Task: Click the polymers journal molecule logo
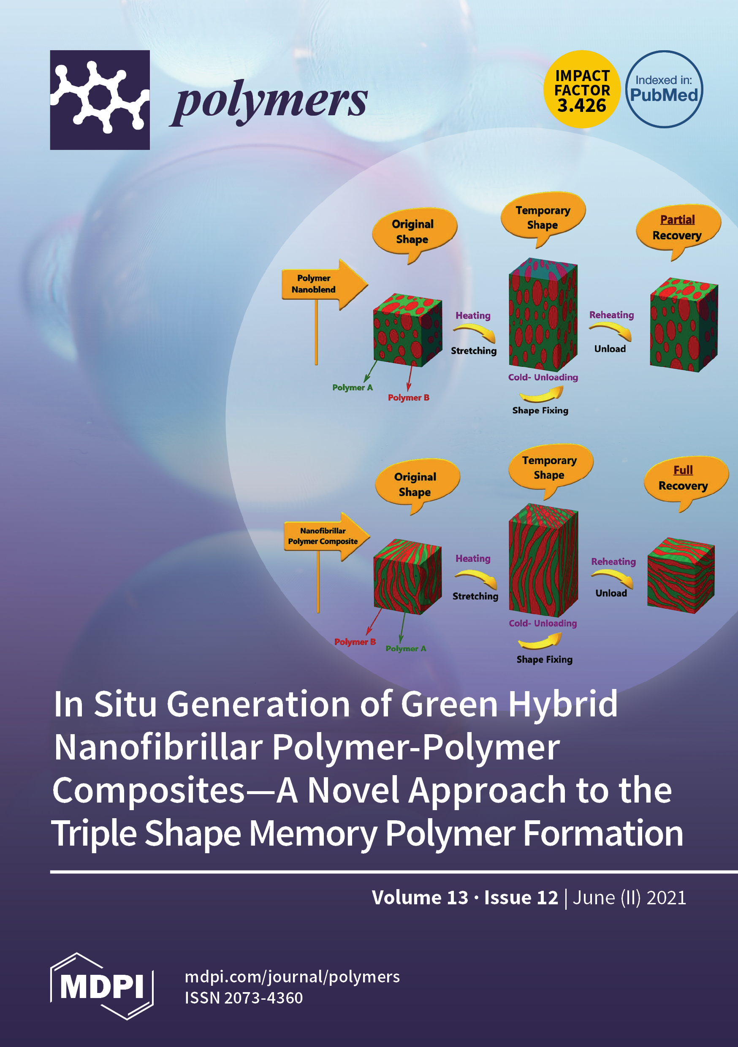point(100,100)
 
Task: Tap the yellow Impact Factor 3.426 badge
point(581,90)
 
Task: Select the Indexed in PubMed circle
point(664,90)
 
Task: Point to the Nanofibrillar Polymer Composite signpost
point(325,536)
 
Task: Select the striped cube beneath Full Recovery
point(681,575)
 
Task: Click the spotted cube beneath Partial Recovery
point(683,325)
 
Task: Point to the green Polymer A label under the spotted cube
point(352,388)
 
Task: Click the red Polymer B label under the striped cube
point(355,642)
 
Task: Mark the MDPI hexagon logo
point(102,987)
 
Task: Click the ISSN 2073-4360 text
point(244,998)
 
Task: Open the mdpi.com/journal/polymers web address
point(292,976)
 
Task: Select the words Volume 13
point(420,898)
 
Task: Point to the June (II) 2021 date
point(629,898)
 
